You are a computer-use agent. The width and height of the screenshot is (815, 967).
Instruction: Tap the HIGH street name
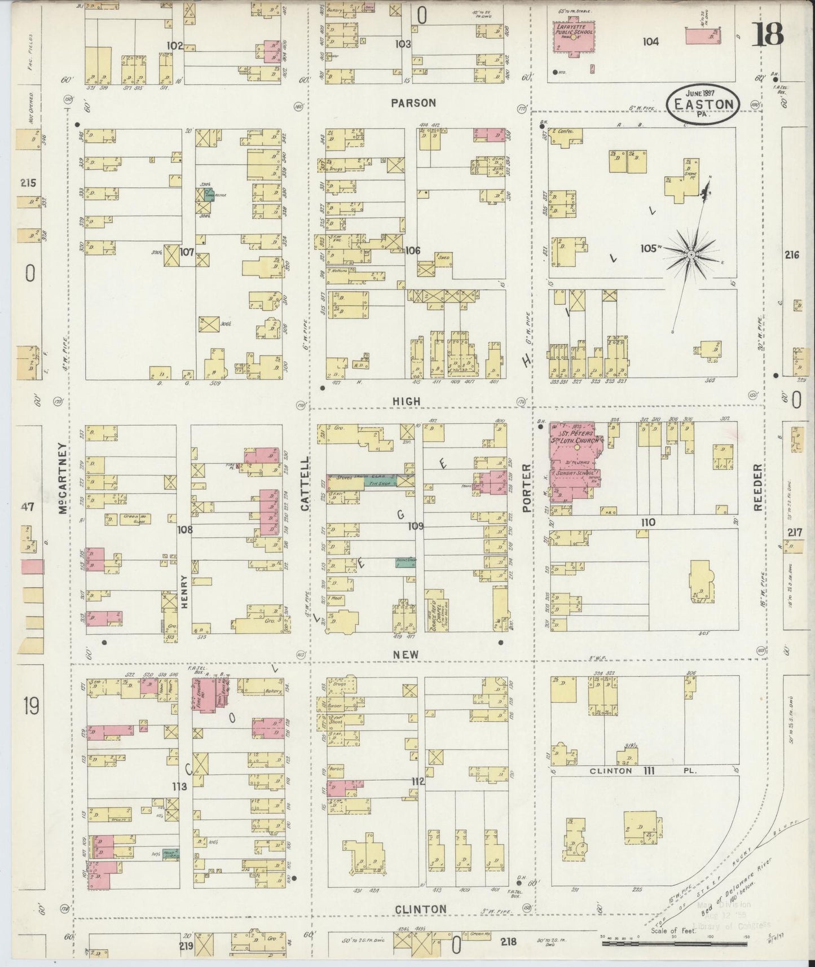pyautogui.click(x=407, y=401)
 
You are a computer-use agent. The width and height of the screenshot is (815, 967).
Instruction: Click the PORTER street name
pyautogui.click(x=527, y=487)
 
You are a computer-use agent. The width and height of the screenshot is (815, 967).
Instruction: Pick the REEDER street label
pyautogui.click(x=758, y=488)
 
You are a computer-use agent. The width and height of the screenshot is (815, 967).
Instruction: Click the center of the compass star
pyautogui.click(x=690, y=254)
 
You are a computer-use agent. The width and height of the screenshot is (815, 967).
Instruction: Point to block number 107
pyautogui.click(x=187, y=252)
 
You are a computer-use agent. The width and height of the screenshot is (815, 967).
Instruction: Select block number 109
pyautogui.click(x=416, y=526)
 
